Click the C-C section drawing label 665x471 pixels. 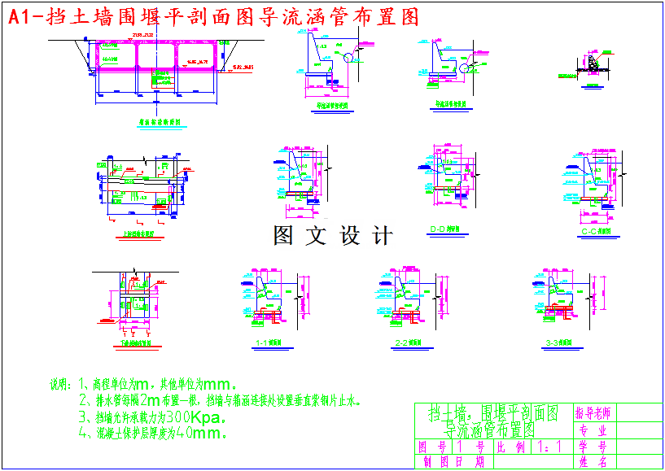[x=596, y=231]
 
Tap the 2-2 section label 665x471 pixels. [x=405, y=343]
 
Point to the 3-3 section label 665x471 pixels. [x=561, y=343]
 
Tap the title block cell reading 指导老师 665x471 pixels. [x=594, y=412]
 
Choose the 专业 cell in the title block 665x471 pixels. [x=594, y=430]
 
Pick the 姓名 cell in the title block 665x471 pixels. [x=594, y=462]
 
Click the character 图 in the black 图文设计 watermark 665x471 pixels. [x=283, y=236]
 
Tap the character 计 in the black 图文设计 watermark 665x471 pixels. [x=381, y=236]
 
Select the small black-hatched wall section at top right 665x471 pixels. [x=593, y=63]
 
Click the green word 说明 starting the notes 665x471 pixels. [x=61, y=384]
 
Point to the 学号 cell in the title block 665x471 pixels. [x=594, y=447]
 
